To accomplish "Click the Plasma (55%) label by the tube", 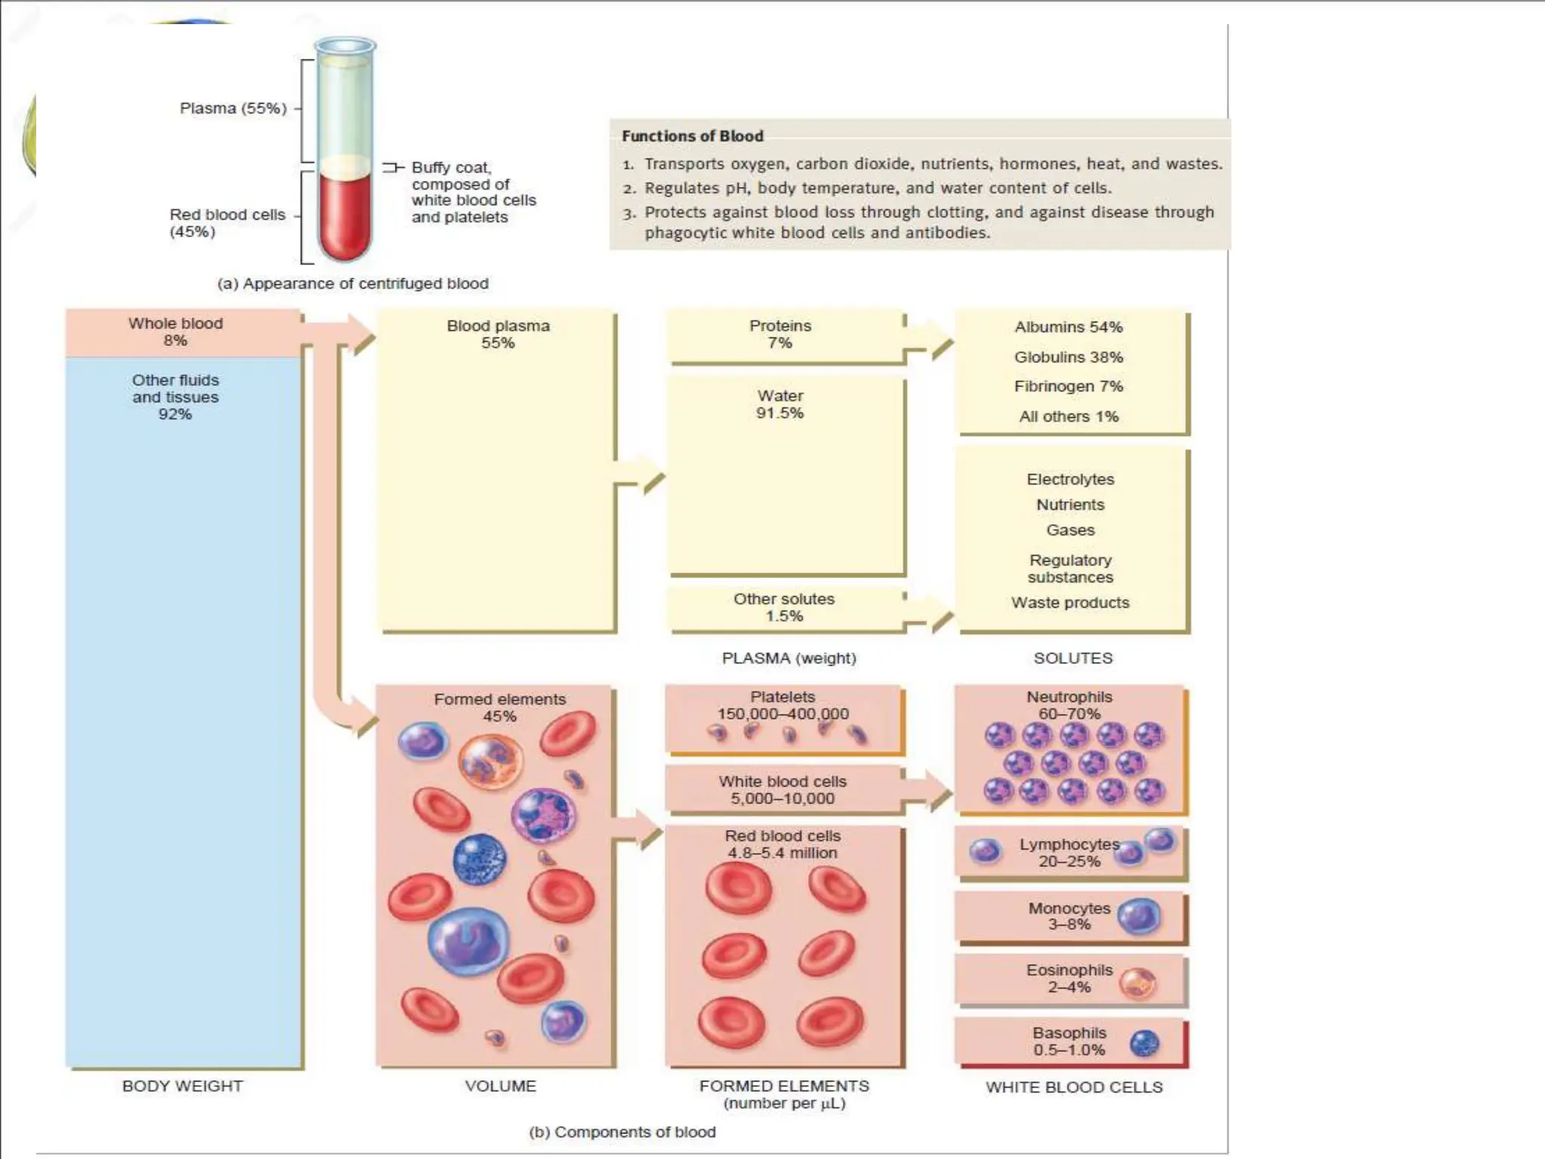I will pyautogui.click(x=233, y=109).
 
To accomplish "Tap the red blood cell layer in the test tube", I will pyautogui.click(x=345, y=215).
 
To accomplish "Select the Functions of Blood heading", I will pyautogui.click(x=692, y=137).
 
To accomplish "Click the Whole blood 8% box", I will pyautogui.click(x=176, y=332).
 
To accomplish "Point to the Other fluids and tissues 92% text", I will pyautogui.click(x=175, y=397).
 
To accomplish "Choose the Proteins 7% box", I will pyautogui.click(x=781, y=334).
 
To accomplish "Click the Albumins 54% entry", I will pyautogui.click(x=1068, y=327).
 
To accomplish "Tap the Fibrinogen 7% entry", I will pyautogui.click(x=1068, y=386).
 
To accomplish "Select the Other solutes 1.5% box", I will pyautogui.click(x=784, y=607).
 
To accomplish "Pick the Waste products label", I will pyautogui.click(x=1070, y=603).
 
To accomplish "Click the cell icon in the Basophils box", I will pyautogui.click(x=1144, y=1044).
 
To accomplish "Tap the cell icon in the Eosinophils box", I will pyautogui.click(x=1137, y=983).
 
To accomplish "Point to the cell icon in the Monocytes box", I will pyautogui.click(x=1138, y=917).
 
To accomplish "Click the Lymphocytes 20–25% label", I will pyautogui.click(x=1069, y=853).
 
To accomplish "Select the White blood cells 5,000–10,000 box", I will pyautogui.click(x=782, y=790).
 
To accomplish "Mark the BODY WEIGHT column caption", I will pyautogui.click(x=183, y=1086).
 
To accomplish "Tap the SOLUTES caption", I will pyautogui.click(x=1073, y=658).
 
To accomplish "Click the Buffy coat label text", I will pyautogui.click(x=473, y=192).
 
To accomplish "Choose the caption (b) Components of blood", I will pyautogui.click(x=622, y=1132).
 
